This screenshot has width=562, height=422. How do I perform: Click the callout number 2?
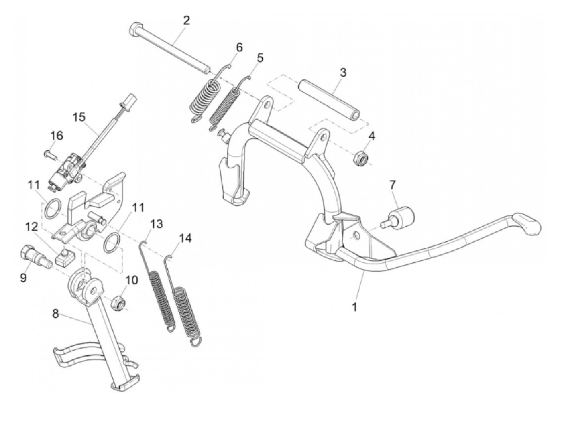point(186,20)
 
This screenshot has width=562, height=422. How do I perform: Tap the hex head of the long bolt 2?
point(135,29)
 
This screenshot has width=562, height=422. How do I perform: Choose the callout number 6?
point(239,47)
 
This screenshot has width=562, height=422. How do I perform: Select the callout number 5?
point(260,58)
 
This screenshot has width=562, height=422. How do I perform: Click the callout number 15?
point(79,118)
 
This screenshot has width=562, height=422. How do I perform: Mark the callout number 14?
point(185,238)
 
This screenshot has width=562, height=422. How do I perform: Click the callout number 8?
point(56,314)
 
